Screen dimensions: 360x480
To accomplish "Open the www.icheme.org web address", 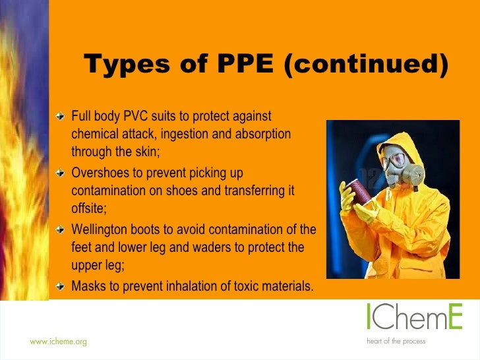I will [58, 342].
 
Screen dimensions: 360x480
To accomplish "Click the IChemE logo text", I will [415, 318].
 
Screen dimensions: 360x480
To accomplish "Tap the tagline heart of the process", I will [396, 342].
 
